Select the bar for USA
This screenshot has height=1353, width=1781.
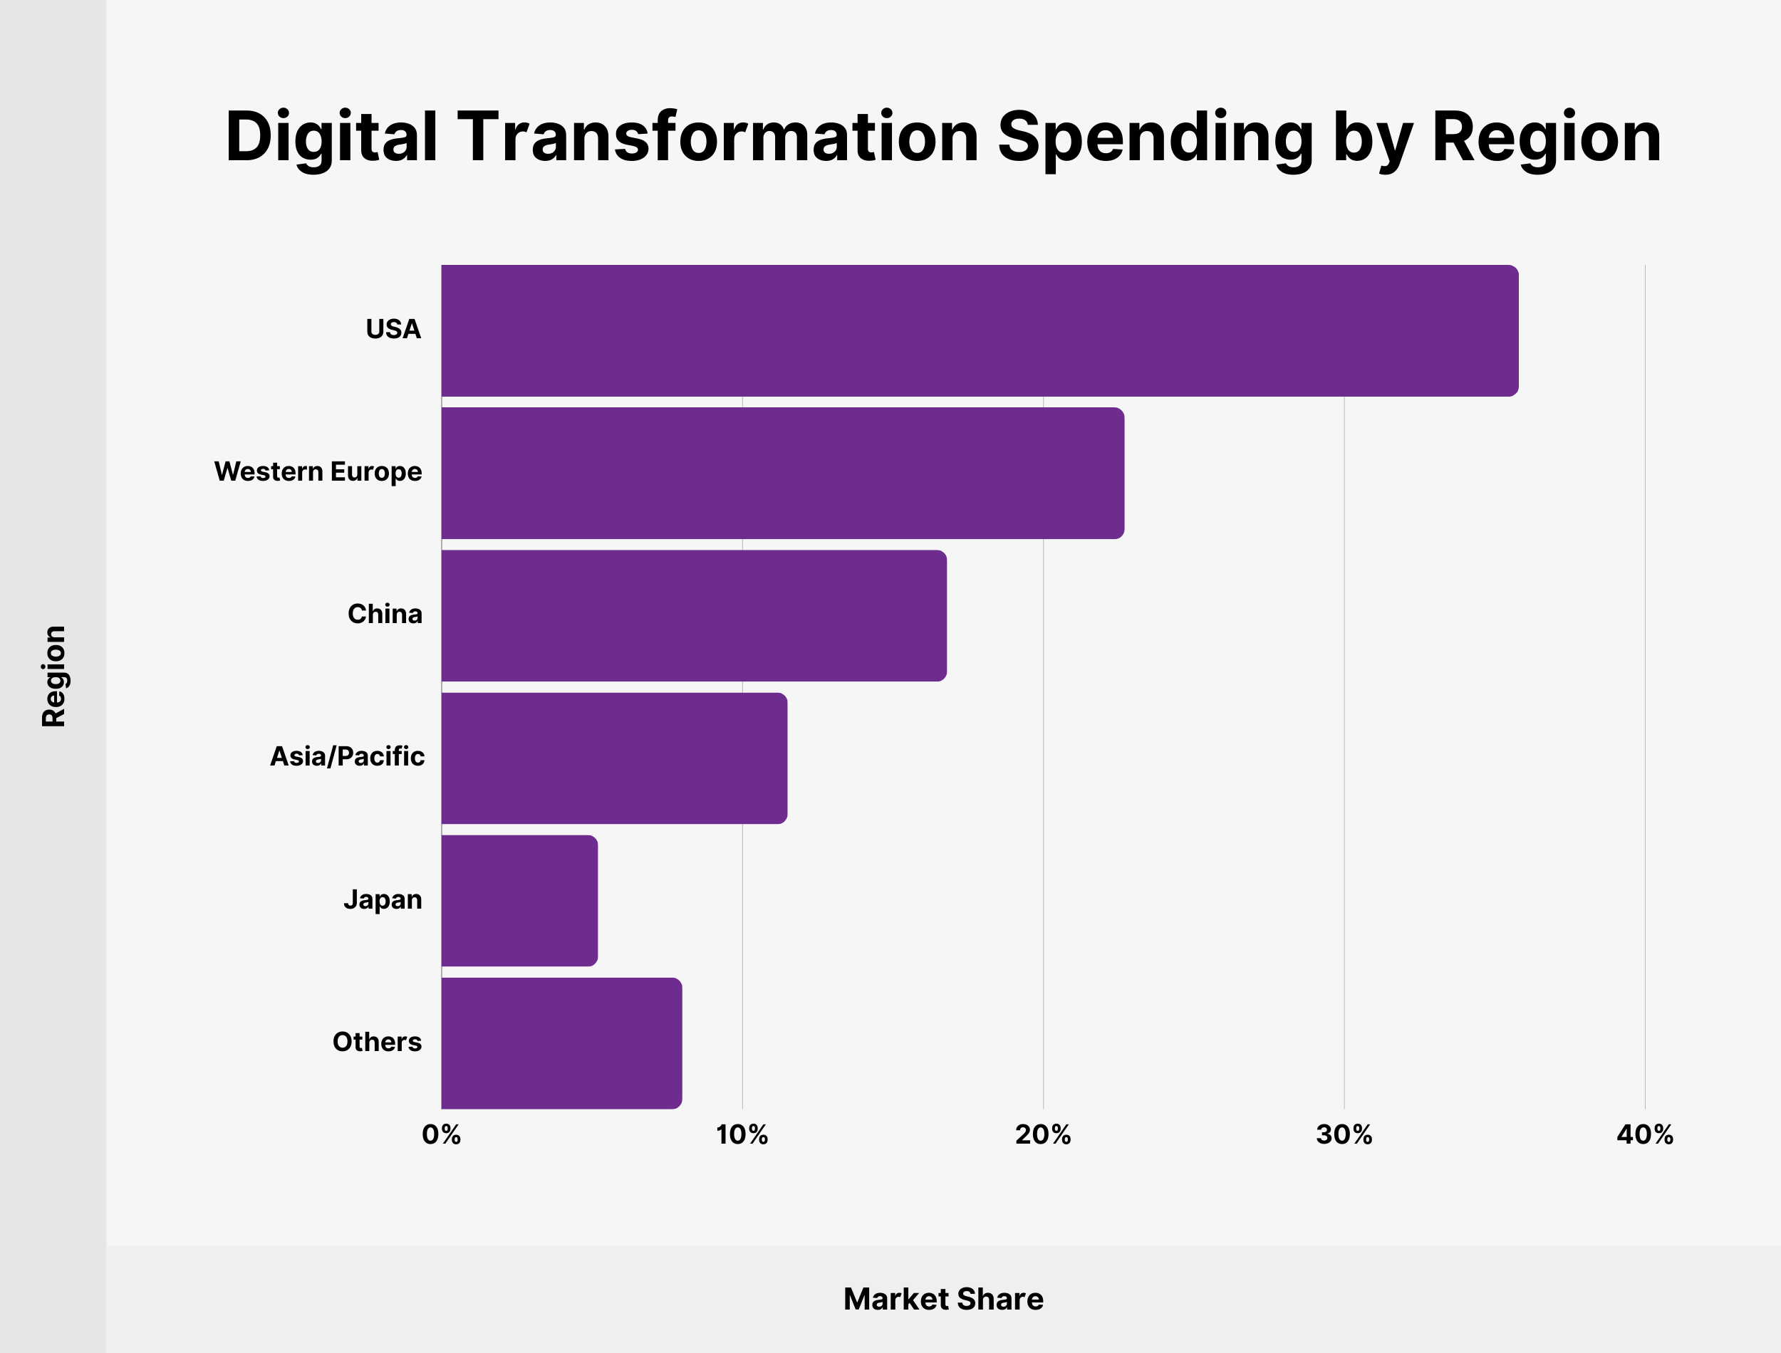[980, 330]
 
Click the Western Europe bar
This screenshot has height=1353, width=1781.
[782, 473]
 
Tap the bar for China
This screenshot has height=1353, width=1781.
[694, 615]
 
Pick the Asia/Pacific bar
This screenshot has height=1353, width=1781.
[614, 758]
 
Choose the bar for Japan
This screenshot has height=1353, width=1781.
[519, 900]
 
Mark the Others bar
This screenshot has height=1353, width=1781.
[561, 1043]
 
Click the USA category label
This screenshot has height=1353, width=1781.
[393, 330]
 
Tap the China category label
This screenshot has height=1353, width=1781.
[384, 615]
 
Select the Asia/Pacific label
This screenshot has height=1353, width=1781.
[346, 757]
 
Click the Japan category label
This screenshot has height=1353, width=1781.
[383, 899]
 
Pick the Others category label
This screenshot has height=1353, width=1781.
[377, 1042]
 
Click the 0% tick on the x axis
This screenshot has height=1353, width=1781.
[442, 1136]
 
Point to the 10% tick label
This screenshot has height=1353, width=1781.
[742, 1136]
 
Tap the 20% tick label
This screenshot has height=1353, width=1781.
[1042, 1136]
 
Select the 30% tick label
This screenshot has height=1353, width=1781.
[1344, 1136]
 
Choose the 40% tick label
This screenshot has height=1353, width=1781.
[1644, 1136]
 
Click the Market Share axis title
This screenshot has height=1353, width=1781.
[943, 1299]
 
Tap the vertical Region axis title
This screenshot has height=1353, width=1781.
[54, 676]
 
